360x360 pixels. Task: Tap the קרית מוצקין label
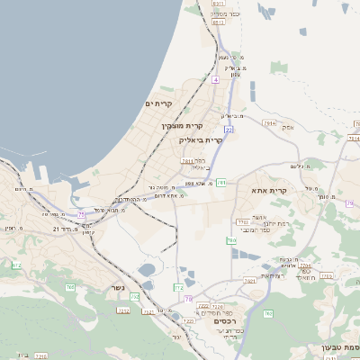point(182,126)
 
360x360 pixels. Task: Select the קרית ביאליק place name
point(200,139)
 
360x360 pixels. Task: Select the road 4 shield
point(216,79)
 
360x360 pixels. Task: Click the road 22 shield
point(229,130)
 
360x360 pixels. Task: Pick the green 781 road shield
point(220,183)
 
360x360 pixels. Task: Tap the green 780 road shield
point(231,240)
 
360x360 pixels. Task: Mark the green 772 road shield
point(178,286)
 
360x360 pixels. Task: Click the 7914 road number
point(267,121)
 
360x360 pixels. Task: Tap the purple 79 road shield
point(349,203)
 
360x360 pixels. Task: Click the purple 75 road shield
point(82,213)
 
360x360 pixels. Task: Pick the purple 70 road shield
point(188,298)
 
